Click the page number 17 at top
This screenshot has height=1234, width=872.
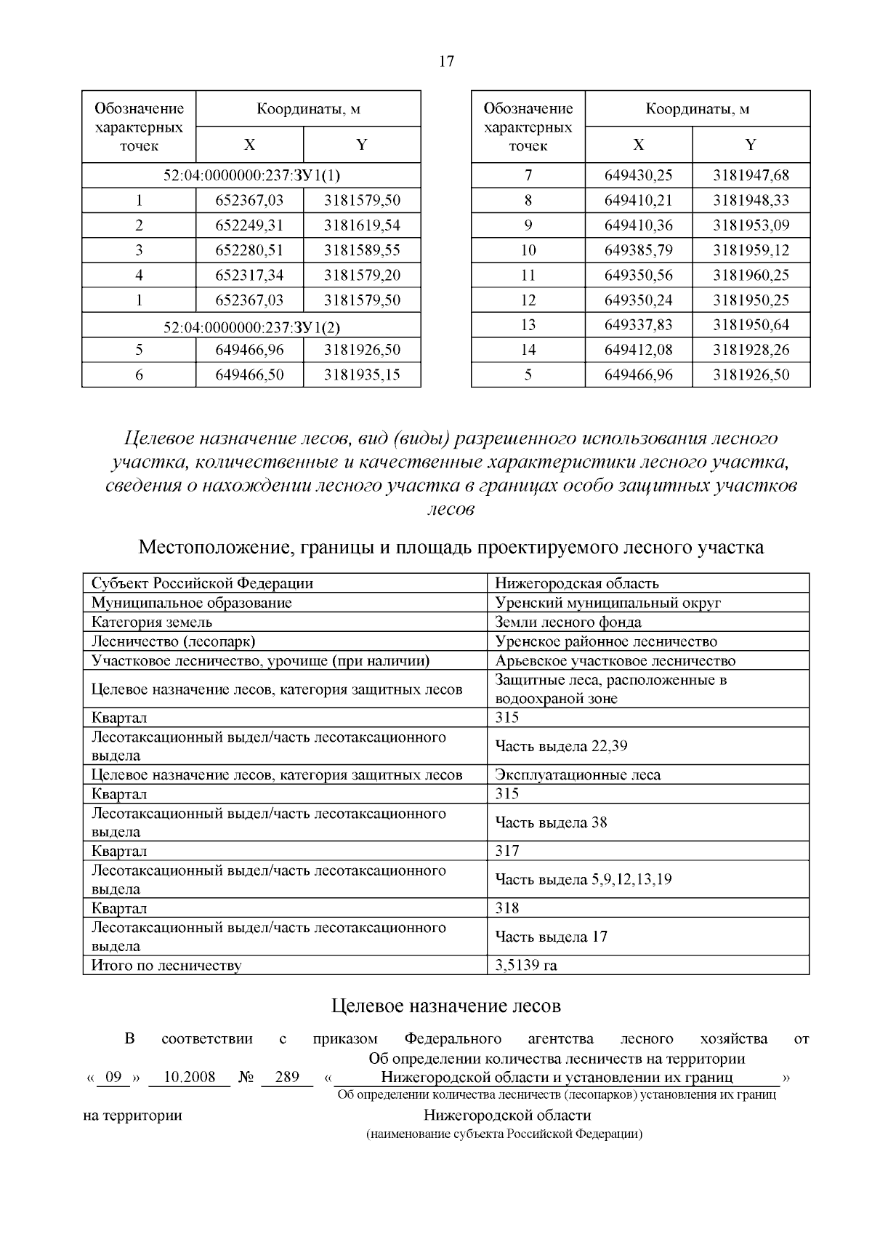(446, 62)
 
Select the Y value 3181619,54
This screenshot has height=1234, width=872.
(362, 225)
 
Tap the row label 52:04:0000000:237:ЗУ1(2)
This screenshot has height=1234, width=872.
(251, 325)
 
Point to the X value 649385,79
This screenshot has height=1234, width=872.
(638, 251)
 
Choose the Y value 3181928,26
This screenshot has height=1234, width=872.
(751, 350)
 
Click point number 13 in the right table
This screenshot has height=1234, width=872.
(528, 325)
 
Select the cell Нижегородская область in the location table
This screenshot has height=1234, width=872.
(576, 583)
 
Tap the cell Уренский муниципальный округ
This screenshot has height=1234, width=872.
(607, 603)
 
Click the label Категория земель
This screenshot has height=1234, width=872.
(151, 622)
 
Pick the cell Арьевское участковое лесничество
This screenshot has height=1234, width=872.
(615, 661)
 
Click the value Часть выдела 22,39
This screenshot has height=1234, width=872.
(561, 746)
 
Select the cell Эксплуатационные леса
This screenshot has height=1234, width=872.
(578, 775)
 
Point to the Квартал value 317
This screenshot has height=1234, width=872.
(507, 851)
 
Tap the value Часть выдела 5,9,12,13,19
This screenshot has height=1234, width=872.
(583, 880)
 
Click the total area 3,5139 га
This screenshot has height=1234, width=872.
(526, 966)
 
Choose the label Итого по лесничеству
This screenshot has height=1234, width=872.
(166, 966)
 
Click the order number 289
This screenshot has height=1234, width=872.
(287, 1077)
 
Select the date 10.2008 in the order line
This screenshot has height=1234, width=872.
(189, 1077)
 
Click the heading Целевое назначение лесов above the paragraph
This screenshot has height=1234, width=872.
(446, 1006)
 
